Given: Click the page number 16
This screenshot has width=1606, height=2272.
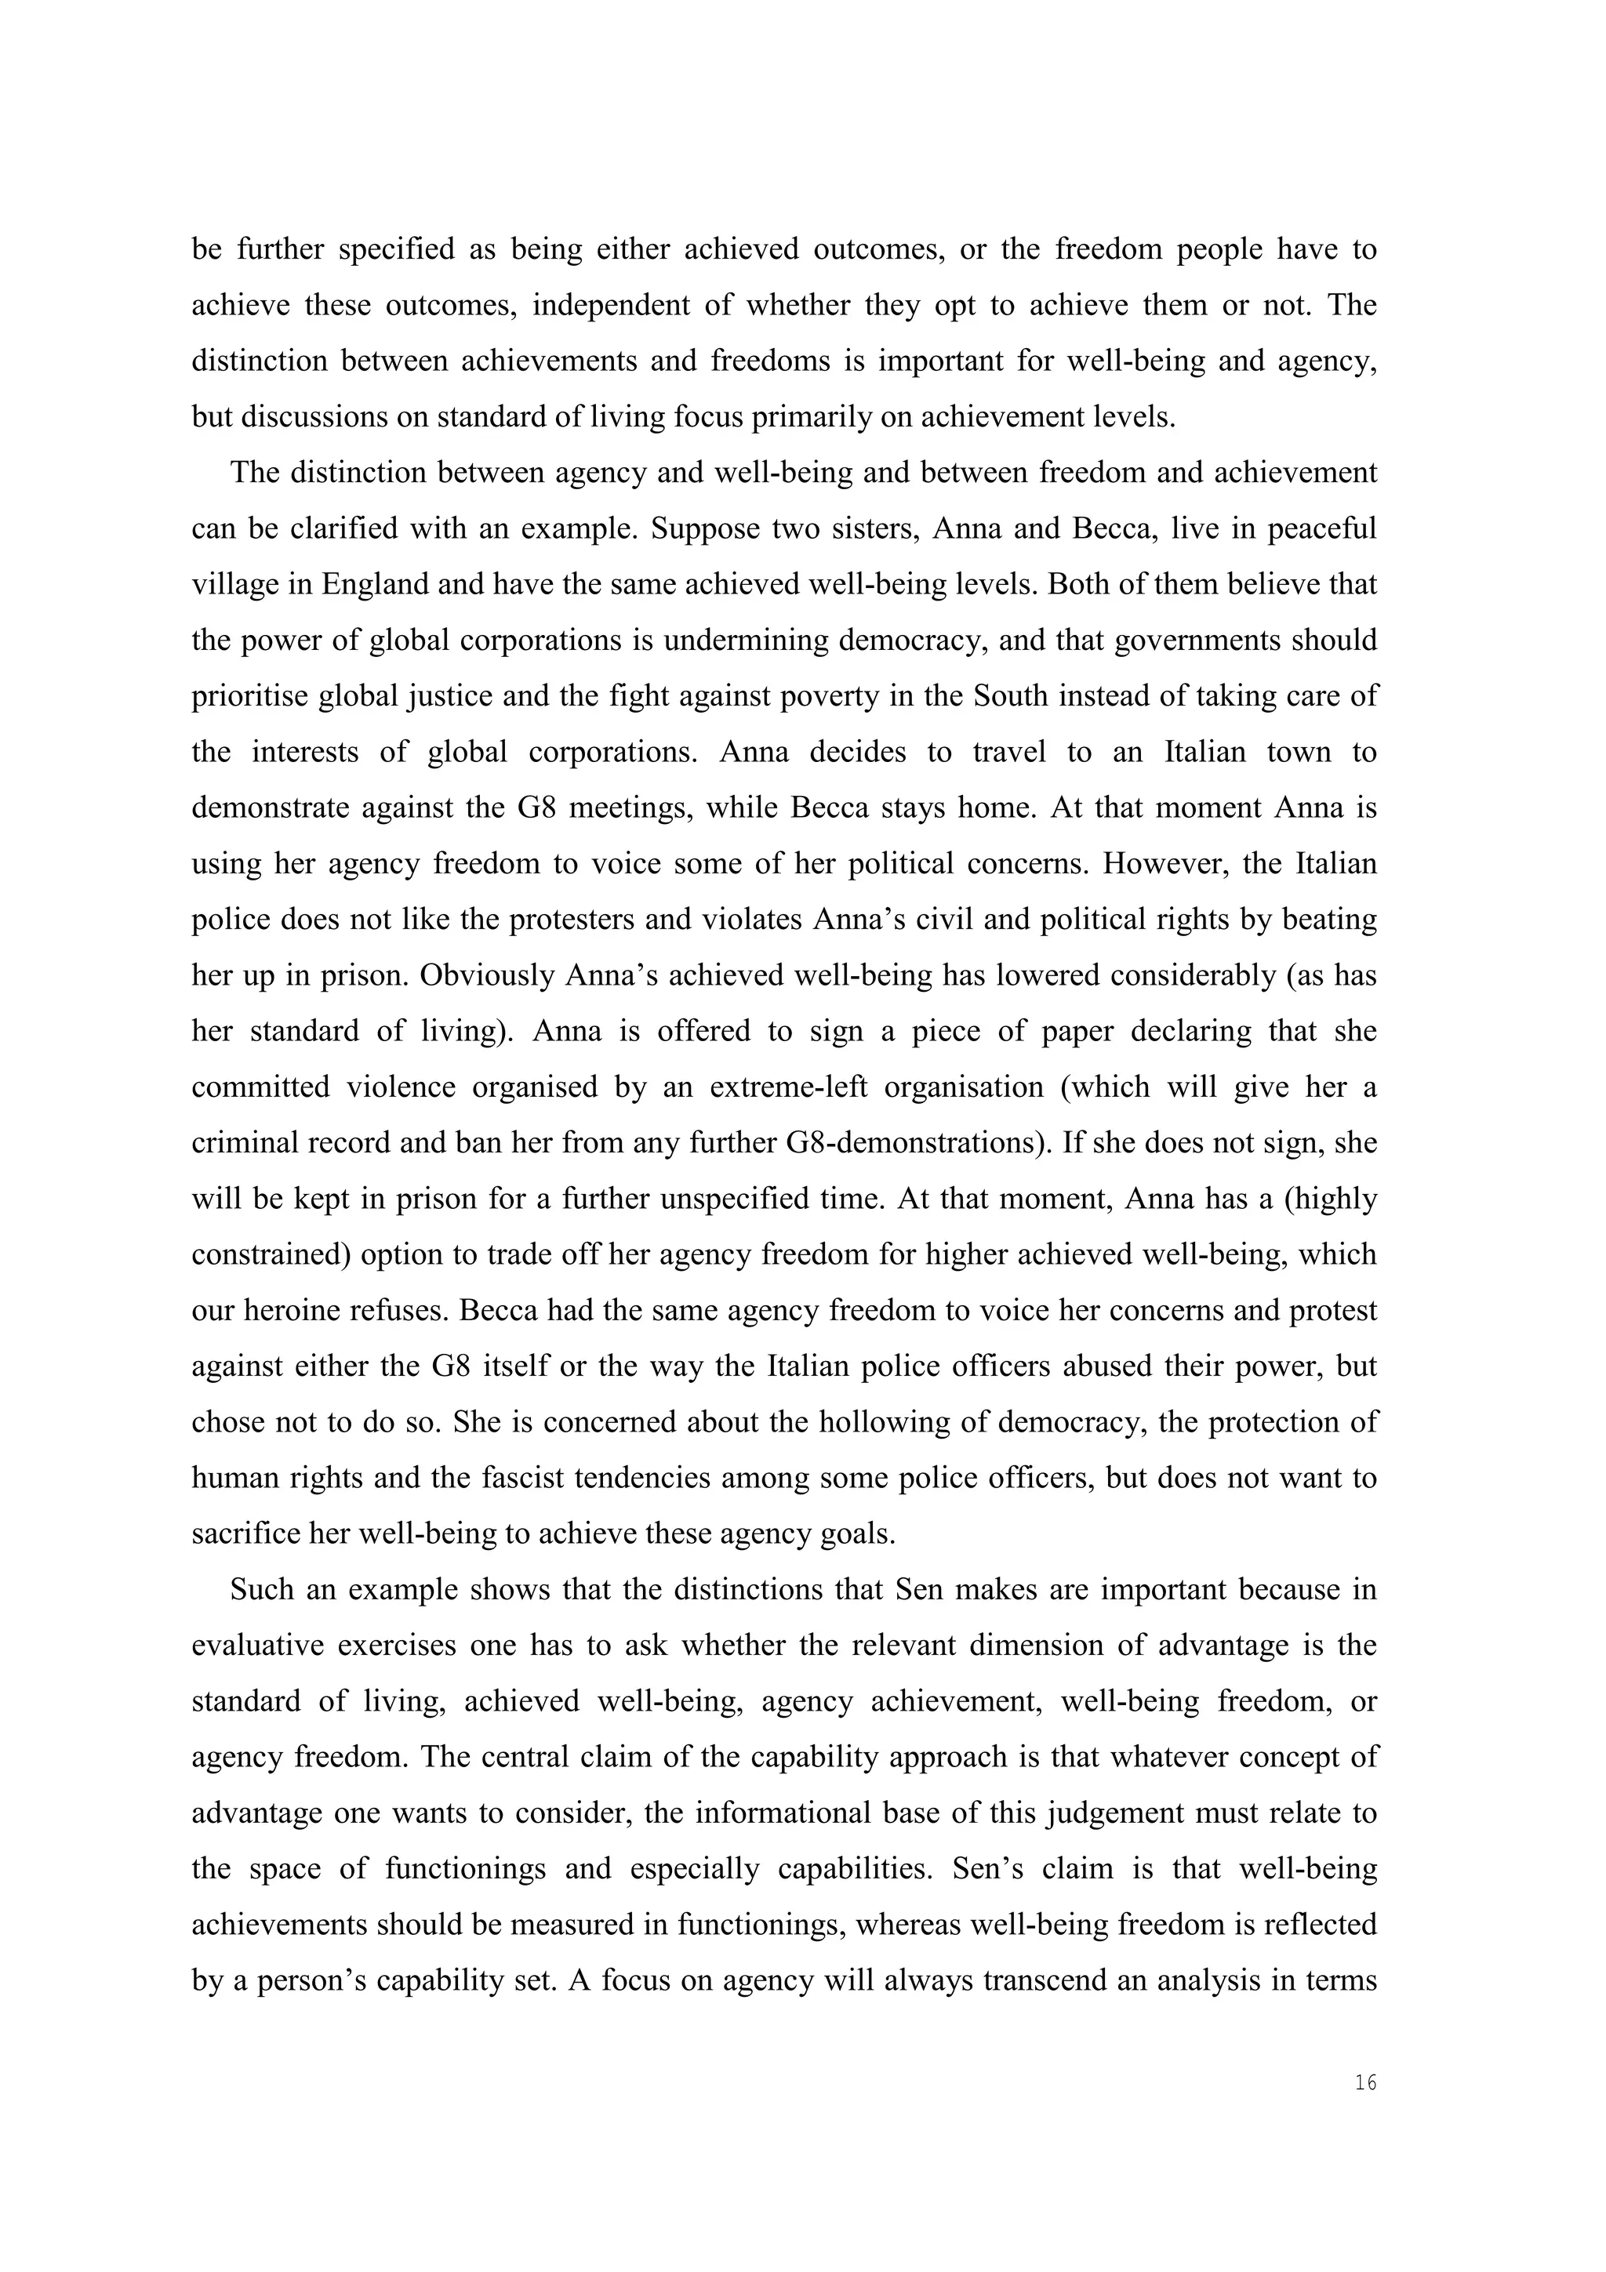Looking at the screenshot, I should tap(1364, 2083).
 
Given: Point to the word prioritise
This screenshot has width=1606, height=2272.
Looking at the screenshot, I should tap(249, 697).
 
